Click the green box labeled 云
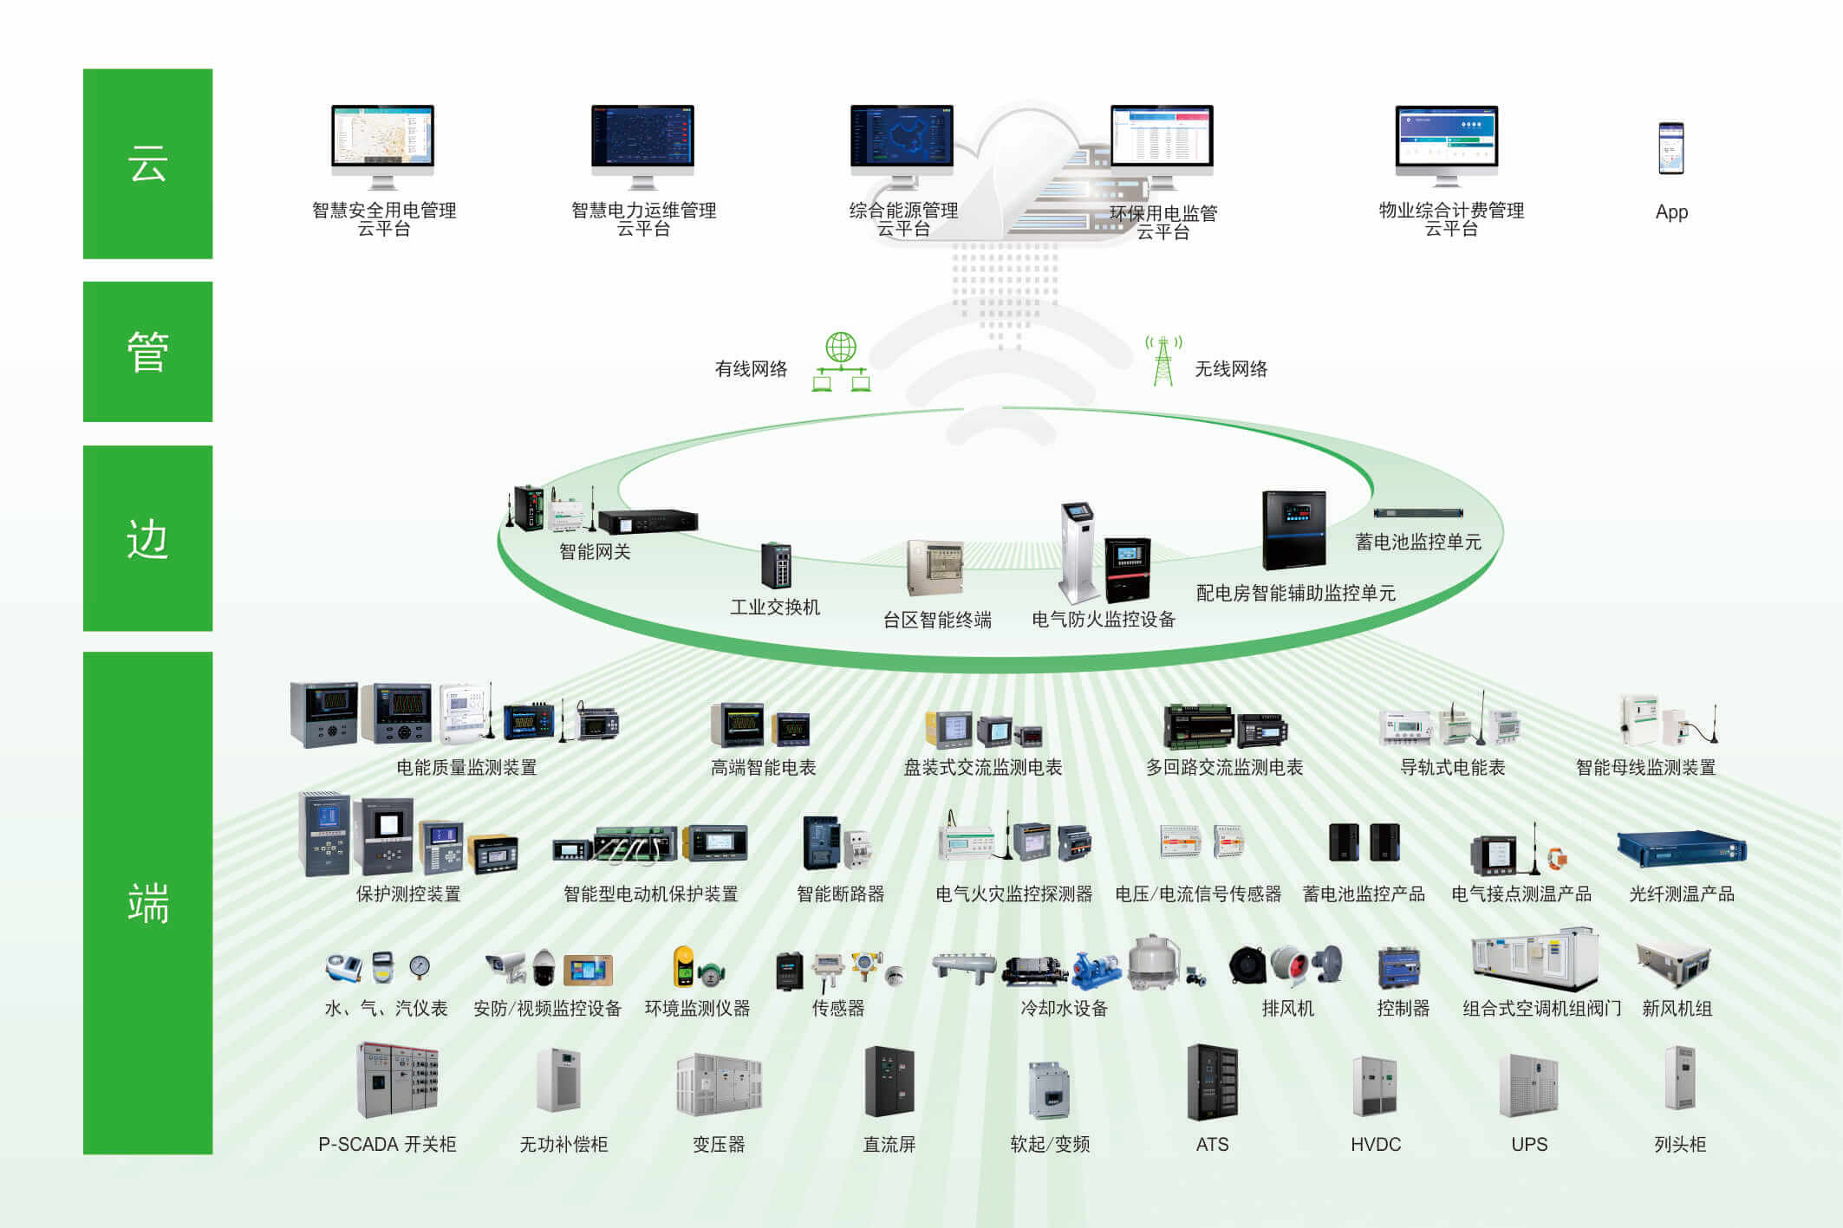tap(147, 164)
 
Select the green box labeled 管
tap(147, 352)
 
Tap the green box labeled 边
tap(147, 538)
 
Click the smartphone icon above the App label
tap(1670, 148)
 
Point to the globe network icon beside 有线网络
tap(841, 361)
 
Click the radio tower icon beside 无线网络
tap(1163, 361)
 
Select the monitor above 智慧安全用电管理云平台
tap(382, 146)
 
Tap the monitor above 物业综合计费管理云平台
tap(1446, 146)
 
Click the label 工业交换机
tap(775, 607)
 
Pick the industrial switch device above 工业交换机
tap(776, 565)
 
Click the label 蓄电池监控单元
tap(1418, 543)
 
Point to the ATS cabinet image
tap(1212, 1082)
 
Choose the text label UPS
tap(1529, 1144)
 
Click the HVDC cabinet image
tap(1374, 1086)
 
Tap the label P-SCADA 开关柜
tap(387, 1144)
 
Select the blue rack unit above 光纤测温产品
tap(1681, 849)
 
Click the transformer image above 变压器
tap(719, 1083)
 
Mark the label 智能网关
tap(595, 552)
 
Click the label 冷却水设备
tap(1064, 1008)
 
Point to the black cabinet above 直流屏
tap(889, 1081)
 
